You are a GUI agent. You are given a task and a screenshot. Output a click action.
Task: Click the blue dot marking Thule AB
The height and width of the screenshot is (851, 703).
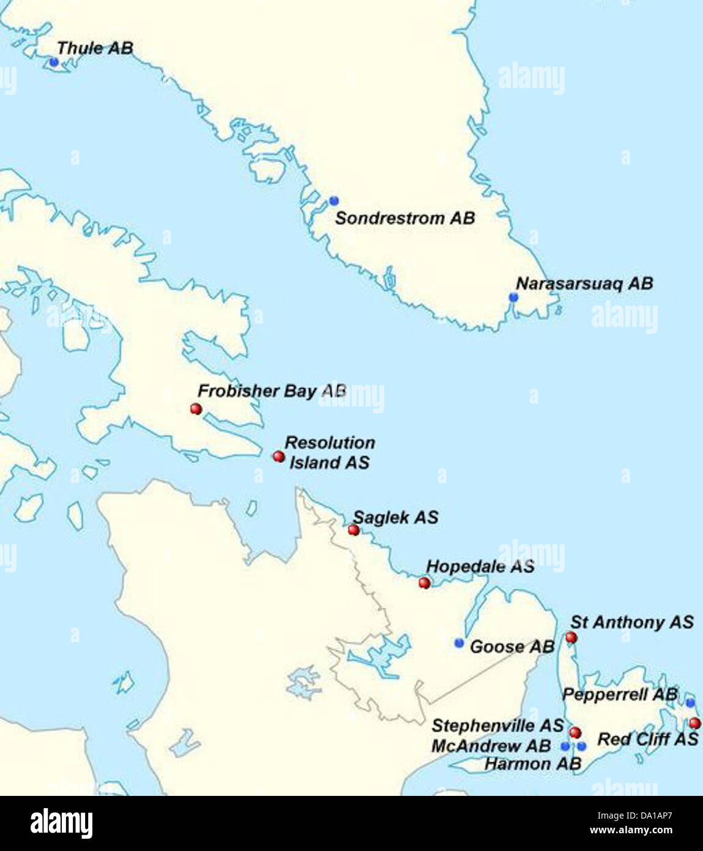54,62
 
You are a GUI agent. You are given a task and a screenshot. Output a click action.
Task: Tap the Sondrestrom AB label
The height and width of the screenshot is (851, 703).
404,218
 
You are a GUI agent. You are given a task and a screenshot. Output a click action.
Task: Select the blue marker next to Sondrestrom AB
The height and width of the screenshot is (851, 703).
333,201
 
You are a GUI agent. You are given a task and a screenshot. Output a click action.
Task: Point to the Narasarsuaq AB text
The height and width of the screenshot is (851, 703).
584,283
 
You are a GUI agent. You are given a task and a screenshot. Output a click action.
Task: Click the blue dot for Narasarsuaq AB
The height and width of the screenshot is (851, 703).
513,297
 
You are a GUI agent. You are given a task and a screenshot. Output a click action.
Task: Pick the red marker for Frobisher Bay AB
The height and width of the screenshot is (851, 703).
196,408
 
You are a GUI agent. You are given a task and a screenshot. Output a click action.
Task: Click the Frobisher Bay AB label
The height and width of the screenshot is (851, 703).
272,391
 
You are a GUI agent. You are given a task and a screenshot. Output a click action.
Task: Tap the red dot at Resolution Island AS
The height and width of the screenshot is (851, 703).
278,456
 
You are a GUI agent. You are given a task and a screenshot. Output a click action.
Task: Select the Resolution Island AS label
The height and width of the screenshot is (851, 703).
330,452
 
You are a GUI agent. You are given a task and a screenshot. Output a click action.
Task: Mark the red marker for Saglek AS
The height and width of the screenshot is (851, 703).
353,530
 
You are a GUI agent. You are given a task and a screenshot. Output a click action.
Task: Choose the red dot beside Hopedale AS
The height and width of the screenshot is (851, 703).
424,582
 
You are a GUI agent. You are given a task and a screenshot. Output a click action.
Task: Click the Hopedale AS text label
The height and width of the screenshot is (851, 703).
480,566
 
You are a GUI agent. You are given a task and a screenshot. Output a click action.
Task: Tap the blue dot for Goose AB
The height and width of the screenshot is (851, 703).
459,642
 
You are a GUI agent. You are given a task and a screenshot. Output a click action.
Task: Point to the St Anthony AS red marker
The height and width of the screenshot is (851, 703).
571,637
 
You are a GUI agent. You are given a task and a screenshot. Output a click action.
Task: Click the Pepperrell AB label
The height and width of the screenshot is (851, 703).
620,694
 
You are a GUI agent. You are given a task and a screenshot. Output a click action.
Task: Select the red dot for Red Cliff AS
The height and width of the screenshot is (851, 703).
694,723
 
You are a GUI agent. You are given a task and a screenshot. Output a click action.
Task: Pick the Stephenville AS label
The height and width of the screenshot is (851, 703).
497,725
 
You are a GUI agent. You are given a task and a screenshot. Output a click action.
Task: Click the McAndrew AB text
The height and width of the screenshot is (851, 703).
491,746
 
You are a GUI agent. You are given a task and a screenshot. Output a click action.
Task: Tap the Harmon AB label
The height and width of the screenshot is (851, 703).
532,763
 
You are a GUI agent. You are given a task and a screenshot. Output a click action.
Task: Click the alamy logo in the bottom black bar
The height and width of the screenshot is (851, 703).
61,823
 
